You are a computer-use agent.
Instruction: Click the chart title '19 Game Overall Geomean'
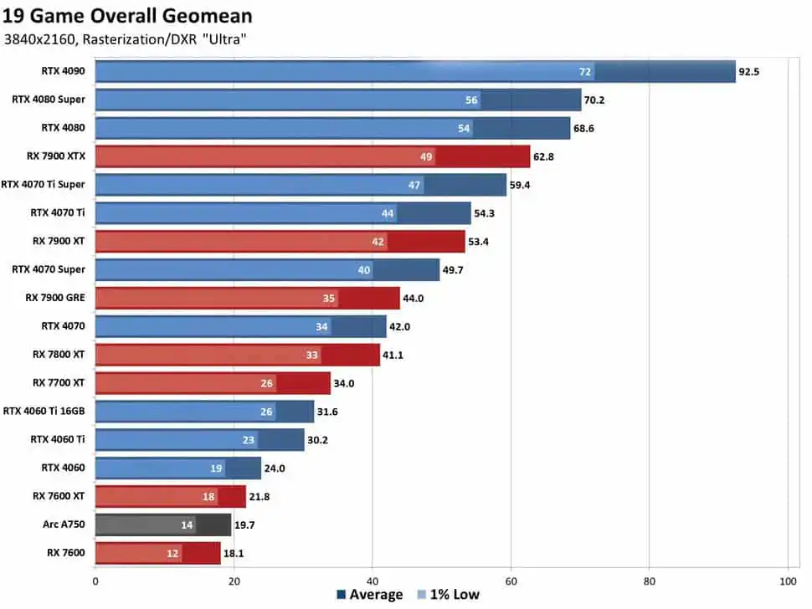click(127, 16)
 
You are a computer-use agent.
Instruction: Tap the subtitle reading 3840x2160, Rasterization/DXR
click(100, 39)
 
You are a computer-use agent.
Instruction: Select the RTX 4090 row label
click(63, 71)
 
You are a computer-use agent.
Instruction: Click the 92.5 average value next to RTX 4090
click(749, 72)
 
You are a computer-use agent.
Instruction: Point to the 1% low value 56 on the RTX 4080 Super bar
click(471, 100)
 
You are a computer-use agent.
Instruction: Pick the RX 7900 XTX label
click(56, 156)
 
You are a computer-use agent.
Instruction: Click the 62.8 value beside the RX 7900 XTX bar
click(543, 156)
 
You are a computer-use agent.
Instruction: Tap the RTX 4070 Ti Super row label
click(43, 184)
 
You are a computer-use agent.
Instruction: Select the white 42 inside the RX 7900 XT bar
click(378, 242)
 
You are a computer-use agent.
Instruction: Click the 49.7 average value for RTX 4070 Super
click(453, 270)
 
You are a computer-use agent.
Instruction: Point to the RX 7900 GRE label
click(55, 298)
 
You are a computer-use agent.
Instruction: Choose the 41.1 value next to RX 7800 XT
click(393, 355)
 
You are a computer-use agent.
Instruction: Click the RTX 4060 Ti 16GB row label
click(44, 411)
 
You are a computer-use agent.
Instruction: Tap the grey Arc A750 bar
click(163, 525)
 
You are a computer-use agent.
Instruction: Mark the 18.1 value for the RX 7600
click(234, 553)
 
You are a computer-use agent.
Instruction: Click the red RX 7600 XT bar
click(171, 497)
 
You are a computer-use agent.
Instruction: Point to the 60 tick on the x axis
click(511, 581)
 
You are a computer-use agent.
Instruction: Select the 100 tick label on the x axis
click(788, 581)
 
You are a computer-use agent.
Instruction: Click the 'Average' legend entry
click(370, 595)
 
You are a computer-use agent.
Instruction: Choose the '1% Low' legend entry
click(449, 595)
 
